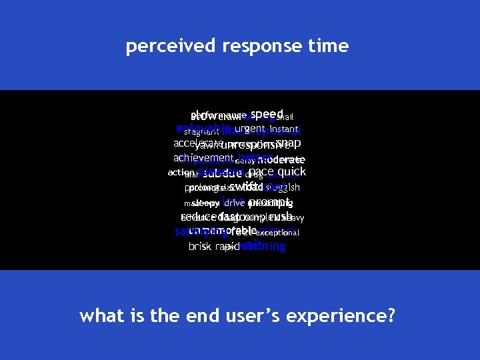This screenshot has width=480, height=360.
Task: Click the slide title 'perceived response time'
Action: click(237, 46)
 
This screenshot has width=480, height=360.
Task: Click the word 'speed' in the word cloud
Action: click(267, 114)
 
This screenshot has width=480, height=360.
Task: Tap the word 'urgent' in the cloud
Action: click(250, 128)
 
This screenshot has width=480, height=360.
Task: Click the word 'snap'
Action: click(289, 143)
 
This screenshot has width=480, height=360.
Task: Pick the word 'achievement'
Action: click(203, 158)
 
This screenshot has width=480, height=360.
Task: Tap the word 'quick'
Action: click(291, 171)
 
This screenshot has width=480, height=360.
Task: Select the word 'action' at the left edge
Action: click(179, 172)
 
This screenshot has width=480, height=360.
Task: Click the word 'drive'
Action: click(234, 202)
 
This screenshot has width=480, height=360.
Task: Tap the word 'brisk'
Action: click(200, 247)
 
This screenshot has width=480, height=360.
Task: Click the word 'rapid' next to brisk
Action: click(226, 247)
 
